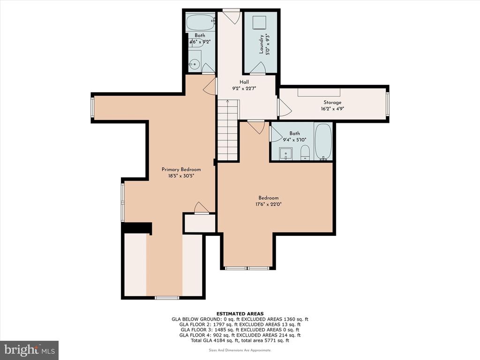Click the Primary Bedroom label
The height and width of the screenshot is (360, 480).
click(x=181, y=169)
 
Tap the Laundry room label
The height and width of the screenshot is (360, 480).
click(x=261, y=44)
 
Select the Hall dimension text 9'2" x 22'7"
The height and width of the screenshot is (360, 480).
click(x=244, y=89)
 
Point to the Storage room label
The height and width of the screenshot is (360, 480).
click(x=332, y=102)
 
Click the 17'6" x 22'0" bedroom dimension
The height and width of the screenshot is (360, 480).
click(x=269, y=204)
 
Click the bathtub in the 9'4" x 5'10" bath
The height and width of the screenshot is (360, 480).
click(x=323, y=142)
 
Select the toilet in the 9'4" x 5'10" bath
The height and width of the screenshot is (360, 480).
click(x=305, y=153)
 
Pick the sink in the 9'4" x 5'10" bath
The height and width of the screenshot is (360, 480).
click(x=285, y=154)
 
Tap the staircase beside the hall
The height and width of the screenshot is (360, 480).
click(x=228, y=130)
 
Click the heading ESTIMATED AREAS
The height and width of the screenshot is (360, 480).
click(x=240, y=314)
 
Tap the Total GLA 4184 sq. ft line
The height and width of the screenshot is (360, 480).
click(x=240, y=340)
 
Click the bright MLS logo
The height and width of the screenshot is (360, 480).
click(x=30, y=350)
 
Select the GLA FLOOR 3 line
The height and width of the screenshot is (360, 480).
click(x=240, y=330)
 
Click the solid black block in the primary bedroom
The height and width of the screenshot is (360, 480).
click(x=137, y=228)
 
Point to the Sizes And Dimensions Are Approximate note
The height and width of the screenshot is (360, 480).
click(x=240, y=350)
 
